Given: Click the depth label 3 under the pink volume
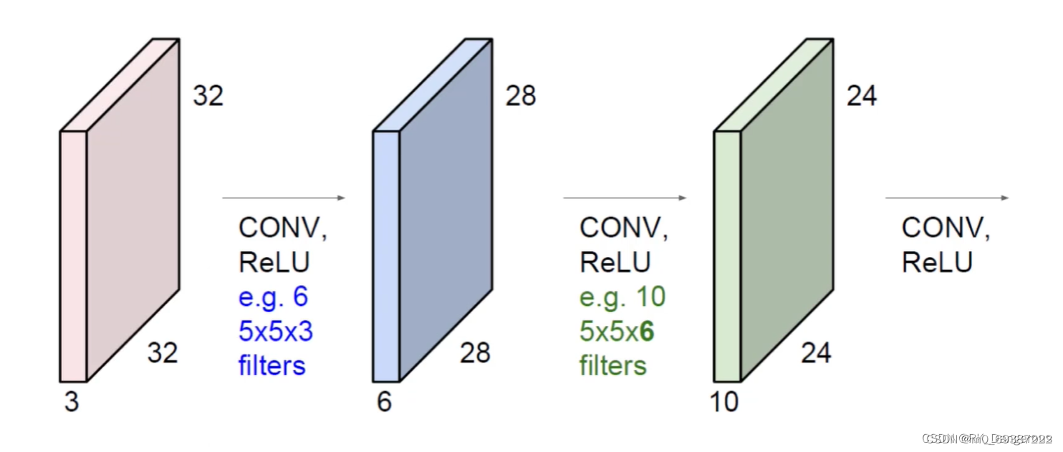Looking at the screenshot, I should (72, 403).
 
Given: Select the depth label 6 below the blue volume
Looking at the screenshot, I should (385, 403).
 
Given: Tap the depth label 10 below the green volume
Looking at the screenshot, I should (725, 403).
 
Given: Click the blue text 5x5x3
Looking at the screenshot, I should (276, 331).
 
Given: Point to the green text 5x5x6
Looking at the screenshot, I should (617, 331).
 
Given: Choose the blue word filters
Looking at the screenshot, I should (272, 365).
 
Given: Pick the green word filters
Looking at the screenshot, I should (613, 365).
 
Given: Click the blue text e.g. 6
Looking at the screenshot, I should (274, 297).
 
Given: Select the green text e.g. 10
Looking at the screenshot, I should (622, 297).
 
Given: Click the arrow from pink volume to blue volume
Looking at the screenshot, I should (284, 198).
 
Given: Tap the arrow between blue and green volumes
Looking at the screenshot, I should (625, 198).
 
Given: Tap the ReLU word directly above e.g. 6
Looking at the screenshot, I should (274, 262).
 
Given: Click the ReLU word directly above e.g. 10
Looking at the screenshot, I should (615, 262).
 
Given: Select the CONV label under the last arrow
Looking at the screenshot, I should (946, 228).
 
